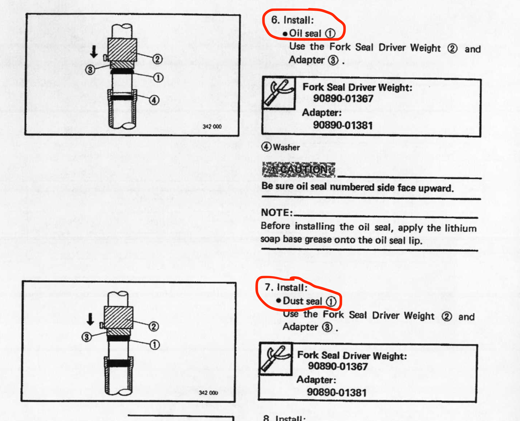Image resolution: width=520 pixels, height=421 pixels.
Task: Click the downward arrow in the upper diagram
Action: click(94, 52)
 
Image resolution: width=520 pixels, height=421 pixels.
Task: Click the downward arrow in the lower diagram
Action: click(90, 319)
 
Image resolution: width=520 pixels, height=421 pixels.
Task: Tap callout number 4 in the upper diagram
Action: click(154, 100)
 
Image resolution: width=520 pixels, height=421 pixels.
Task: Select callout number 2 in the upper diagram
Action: click(158, 59)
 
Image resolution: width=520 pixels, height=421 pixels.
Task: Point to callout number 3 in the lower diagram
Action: click(87, 337)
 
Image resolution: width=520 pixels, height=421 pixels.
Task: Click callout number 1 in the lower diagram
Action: click(154, 344)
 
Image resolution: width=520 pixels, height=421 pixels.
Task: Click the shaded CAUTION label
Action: click(299, 170)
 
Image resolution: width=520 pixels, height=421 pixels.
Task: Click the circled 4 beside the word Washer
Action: click(266, 147)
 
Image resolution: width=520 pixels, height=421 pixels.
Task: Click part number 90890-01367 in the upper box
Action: click(343, 99)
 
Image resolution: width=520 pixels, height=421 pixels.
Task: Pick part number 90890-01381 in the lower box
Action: click(337, 392)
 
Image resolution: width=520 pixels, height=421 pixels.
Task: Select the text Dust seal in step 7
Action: click(302, 301)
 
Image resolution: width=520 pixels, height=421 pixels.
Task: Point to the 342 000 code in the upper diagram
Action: click(212, 127)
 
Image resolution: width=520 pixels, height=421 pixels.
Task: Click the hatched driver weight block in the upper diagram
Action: click(123, 50)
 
